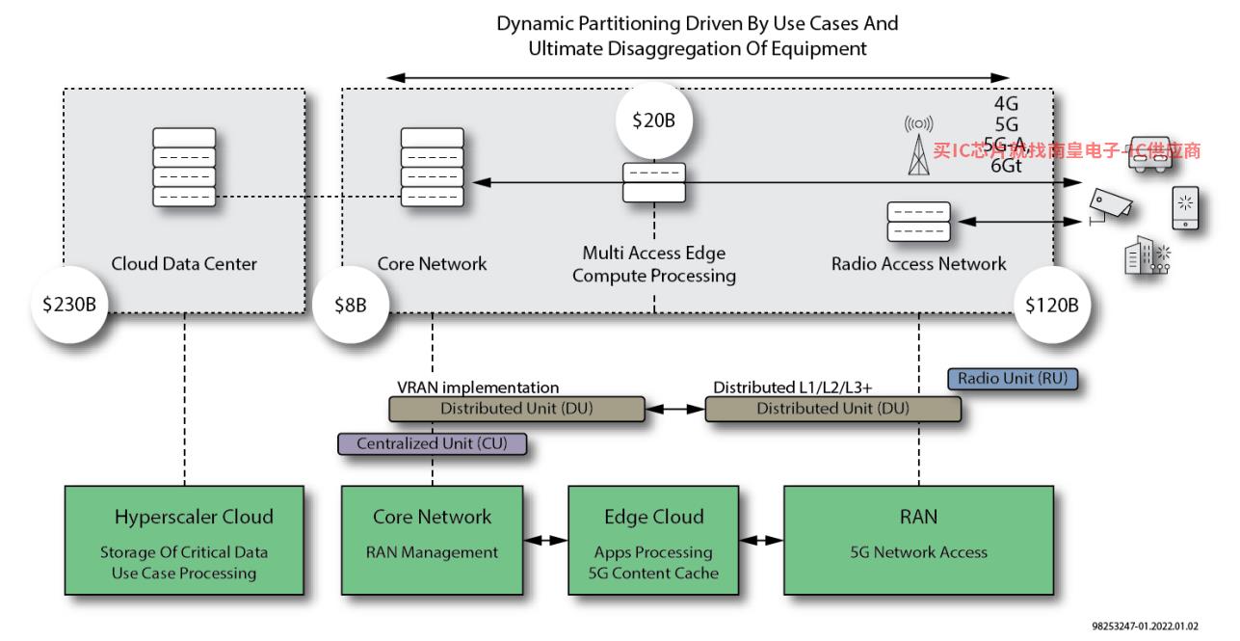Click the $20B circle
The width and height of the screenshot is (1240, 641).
(x=654, y=120)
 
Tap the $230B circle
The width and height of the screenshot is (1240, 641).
(x=69, y=305)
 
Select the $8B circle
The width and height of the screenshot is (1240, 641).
(x=351, y=305)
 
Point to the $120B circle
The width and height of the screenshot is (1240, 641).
(x=1052, y=305)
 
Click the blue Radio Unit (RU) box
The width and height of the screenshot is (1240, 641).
(x=1013, y=379)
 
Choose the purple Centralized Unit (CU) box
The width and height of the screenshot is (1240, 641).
(x=432, y=443)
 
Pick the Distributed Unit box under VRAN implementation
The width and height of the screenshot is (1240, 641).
(x=517, y=409)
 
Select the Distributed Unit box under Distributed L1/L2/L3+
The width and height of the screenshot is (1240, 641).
(x=833, y=409)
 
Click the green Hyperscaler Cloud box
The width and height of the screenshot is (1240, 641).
(x=184, y=541)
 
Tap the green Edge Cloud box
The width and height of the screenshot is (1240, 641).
(x=653, y=541)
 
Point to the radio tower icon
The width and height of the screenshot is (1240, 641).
(x=919, y=147)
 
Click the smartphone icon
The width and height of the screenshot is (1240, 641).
(x=1185, y=208)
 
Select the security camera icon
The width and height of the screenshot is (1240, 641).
(x=1110, y=206)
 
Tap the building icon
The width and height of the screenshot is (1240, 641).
(x=1147, y=255)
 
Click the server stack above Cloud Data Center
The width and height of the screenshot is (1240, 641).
(x=184, y=168)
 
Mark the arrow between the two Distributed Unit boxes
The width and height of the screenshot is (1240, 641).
(x=674, y=410)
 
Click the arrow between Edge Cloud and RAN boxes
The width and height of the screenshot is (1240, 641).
(x=761, y=540)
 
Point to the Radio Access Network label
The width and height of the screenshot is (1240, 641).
(x=919, y=264)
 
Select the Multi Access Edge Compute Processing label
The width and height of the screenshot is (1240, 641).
(x=654, y=264)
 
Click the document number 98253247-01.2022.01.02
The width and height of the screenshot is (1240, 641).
(x=1145, y=626)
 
